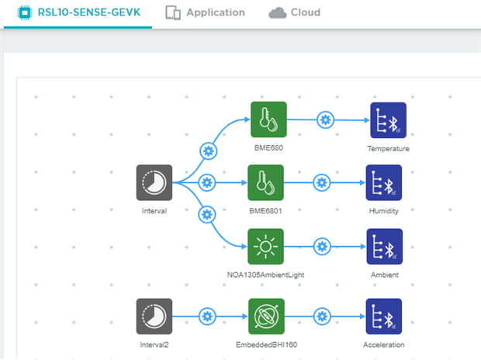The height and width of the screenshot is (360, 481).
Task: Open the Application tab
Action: point(206,13)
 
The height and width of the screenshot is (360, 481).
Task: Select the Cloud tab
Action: point(294,13)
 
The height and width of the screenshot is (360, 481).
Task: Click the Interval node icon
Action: point(154,183)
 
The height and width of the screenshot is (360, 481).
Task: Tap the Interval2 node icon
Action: point(154,317)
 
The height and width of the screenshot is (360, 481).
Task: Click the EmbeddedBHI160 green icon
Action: point(268,317)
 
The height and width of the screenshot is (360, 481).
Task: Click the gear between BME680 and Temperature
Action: point(326,120)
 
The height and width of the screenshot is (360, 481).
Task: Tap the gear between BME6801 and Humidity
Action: point(322,183)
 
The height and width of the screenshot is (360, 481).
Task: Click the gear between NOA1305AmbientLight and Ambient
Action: point(322,247)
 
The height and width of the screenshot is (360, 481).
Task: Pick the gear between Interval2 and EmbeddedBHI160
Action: point(206,317)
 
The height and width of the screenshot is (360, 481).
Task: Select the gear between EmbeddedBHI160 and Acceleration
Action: point(322,317)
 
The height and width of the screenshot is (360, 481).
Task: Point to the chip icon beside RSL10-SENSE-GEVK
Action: point(23,13)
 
